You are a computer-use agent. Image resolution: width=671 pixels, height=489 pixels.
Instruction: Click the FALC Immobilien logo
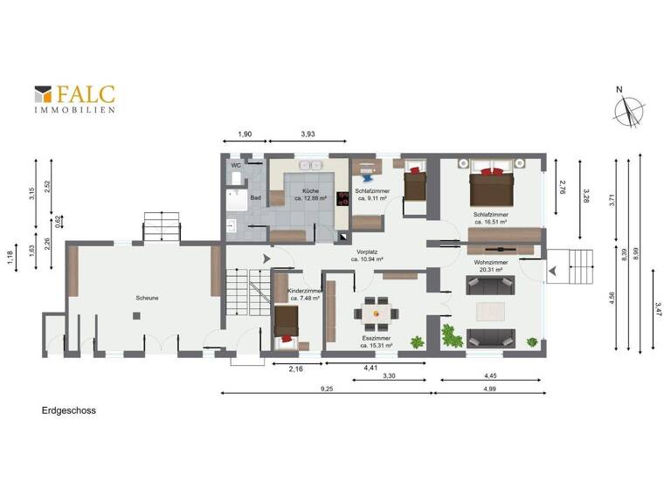[x=75, y=99]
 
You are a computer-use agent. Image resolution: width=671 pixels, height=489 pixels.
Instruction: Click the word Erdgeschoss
[x=67, y=409]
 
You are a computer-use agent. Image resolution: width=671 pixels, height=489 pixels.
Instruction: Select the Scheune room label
[x=146, y=297]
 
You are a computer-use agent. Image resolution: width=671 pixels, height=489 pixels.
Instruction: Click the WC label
[x=236, y=165]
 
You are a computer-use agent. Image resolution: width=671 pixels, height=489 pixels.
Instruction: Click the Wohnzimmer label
[x=492, y=262]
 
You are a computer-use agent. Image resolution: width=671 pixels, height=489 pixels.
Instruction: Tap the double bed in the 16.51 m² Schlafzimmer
[x=490, y=184]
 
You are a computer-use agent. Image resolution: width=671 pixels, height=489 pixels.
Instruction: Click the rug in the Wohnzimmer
[x=492, y=311]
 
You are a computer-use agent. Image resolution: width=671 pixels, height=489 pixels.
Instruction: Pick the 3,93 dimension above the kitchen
[x=308, y=134]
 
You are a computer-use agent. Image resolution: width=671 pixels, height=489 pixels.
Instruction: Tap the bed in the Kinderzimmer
[x=287, y=325]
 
